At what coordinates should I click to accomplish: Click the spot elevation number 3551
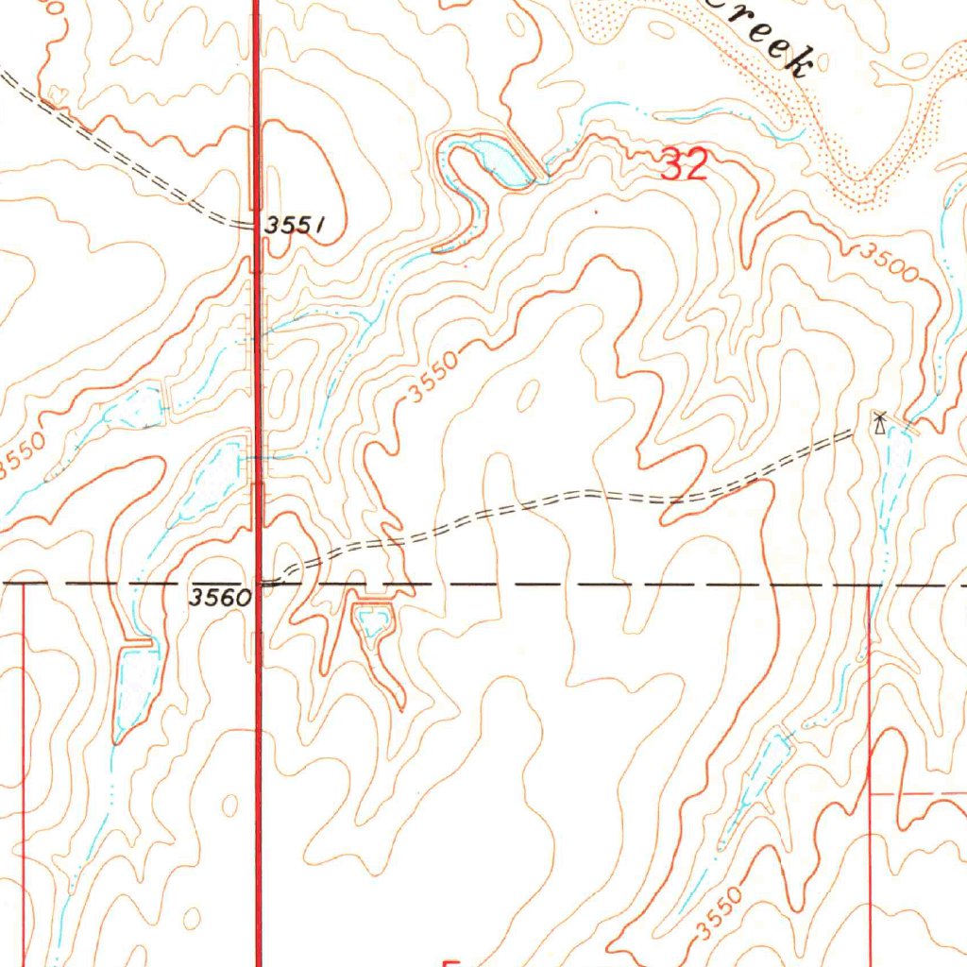click(295, 226)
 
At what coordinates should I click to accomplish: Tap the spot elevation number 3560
click(219, 597)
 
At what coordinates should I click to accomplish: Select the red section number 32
click(685, 166)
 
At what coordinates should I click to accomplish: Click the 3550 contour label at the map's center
click(434, 376)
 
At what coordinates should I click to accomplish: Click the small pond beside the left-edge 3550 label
click(142, 407)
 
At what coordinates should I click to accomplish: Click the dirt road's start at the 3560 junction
click(269, 583)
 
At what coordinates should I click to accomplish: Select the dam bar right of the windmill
click(908, 428)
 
